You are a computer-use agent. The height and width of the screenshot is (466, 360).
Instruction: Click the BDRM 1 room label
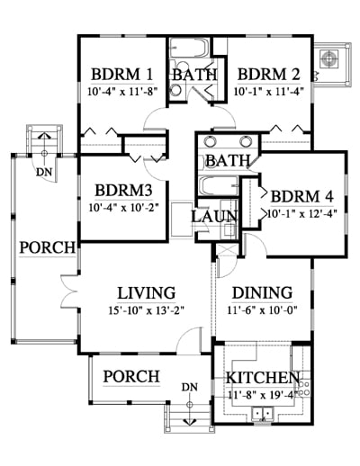point(122,75)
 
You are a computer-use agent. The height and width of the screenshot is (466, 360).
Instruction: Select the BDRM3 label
point(123,191)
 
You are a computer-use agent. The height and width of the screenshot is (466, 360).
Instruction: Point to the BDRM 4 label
point(301,197)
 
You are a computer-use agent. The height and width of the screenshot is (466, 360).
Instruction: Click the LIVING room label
point(146,293)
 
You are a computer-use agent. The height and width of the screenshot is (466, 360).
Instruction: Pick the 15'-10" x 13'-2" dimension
point(146,310)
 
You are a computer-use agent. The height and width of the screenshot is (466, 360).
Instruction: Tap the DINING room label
point(263,292)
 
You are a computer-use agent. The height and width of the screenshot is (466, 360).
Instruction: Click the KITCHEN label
point(263,378)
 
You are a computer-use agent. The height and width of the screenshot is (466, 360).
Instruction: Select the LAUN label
point(214,217)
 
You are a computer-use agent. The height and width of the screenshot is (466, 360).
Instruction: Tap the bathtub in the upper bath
point(189,47)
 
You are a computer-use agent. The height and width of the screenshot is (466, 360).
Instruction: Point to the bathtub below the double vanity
point(218,186)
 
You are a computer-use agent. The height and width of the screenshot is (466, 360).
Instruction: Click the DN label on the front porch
point(189,387)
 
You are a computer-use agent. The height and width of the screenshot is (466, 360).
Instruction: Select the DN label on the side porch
point(44,172)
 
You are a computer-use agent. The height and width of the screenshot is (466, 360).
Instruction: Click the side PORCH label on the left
point(48,247)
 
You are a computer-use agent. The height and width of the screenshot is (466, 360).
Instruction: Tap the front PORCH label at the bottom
point(131,376)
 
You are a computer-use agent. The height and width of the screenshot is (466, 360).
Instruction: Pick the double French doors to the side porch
point(69,291)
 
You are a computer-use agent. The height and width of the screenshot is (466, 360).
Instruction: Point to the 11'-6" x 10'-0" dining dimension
point(262,310)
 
